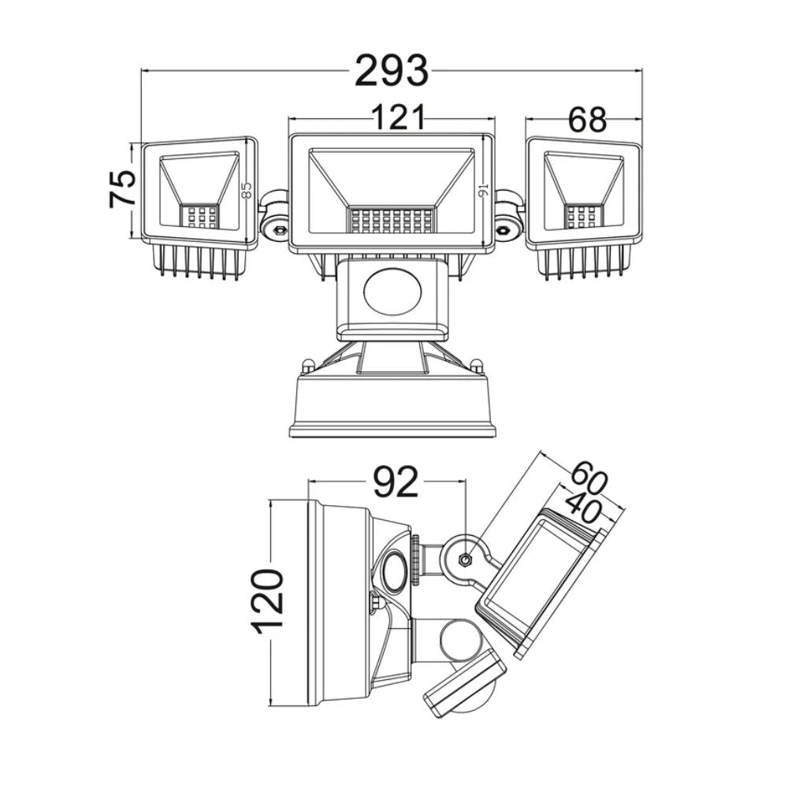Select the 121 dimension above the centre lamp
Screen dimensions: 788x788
pos(398,117)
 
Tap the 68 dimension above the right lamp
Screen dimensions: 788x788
pos(587,120)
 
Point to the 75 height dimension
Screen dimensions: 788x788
pos(123,188)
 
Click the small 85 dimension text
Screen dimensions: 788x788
pos(246,191)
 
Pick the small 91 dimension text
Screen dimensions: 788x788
pos(484,191)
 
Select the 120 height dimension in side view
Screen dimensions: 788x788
pos(267,601)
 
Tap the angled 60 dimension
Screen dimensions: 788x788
pos(589,478)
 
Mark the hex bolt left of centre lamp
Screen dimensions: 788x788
pos(279,230)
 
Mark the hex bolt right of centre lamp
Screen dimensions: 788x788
pos(501,230)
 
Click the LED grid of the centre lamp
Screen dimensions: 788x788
pos(391,221)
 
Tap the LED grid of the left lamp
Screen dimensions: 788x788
pos(199,217)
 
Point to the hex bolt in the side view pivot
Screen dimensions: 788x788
pos(466,559)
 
